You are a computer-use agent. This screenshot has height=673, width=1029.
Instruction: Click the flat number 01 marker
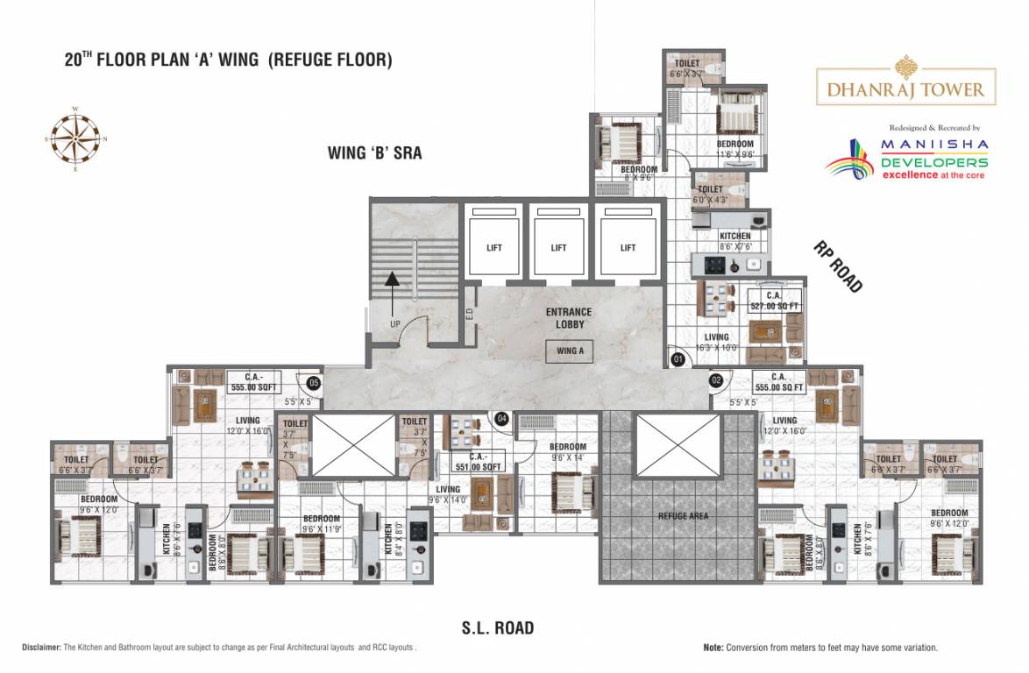677,358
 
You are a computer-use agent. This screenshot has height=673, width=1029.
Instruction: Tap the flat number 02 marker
716,380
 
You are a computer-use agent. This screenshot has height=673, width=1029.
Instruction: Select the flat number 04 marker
502,419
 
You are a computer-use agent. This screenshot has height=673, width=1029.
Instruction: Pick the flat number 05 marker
313,382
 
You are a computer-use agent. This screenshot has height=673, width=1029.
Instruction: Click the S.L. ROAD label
498,628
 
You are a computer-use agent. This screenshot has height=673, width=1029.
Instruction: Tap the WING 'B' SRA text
374,153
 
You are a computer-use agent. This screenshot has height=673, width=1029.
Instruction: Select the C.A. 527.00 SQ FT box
775,301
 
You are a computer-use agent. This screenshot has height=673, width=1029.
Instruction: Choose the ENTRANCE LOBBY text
569,318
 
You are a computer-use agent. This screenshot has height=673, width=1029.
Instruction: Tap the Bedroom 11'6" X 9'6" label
734,149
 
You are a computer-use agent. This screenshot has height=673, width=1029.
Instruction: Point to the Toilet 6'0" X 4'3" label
710,194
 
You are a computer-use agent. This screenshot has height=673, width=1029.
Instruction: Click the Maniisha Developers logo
908,158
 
